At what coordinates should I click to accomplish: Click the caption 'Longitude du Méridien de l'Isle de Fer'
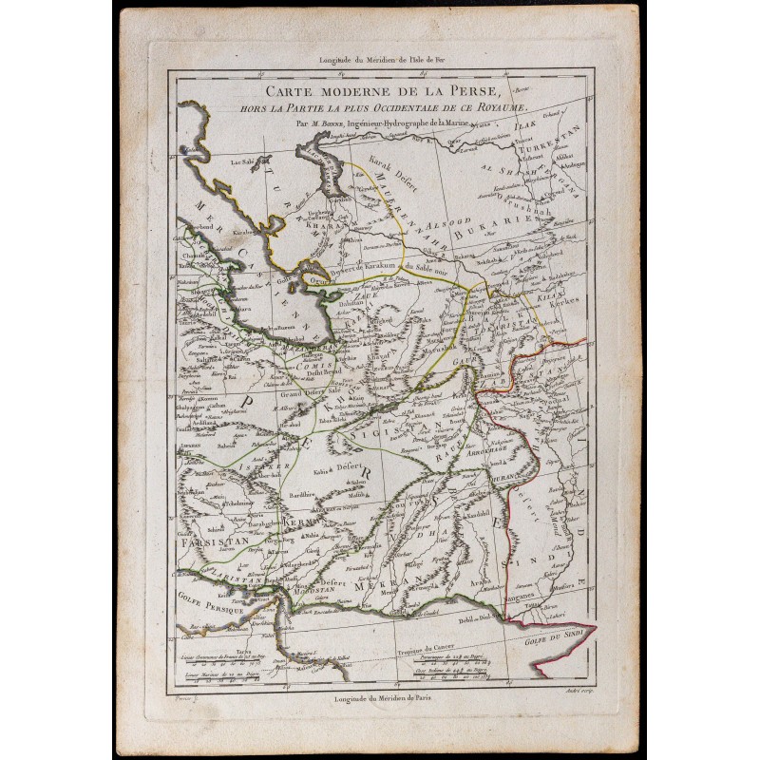378,61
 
